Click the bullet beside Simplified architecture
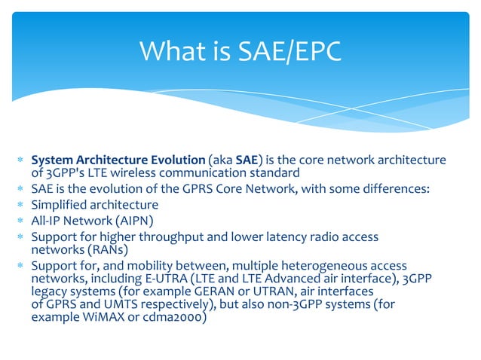click(22, 206)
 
